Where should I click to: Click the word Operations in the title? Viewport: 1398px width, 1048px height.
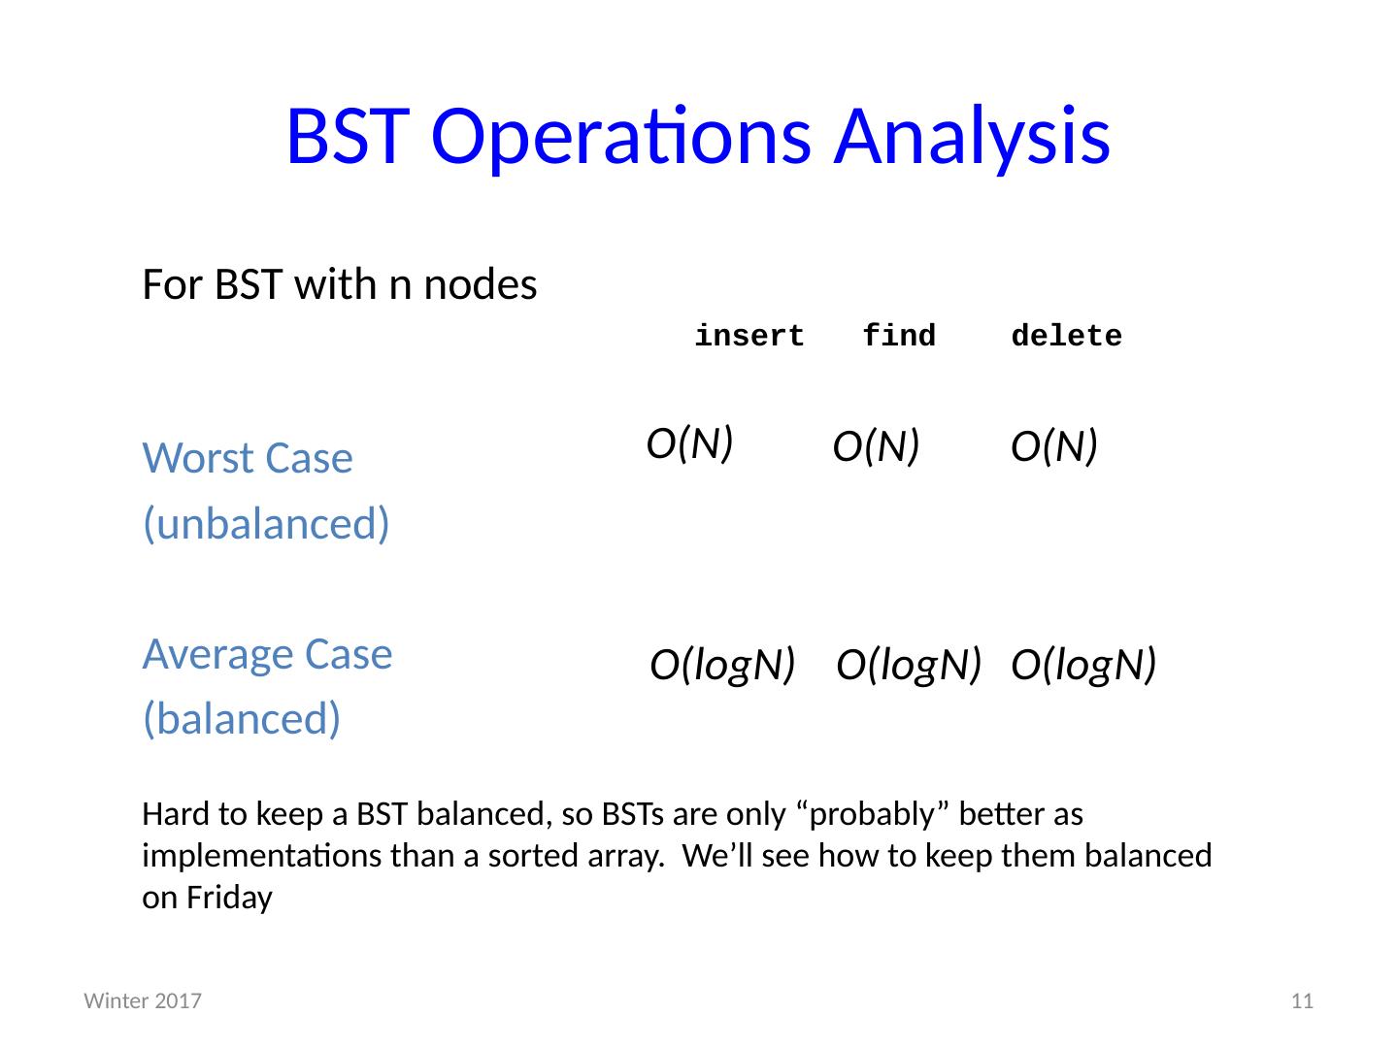(621, 138)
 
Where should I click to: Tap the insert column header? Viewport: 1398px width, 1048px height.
(749, 336)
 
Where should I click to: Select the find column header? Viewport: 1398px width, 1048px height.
(899, 336)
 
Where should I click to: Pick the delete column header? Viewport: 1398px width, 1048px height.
(1066, 336)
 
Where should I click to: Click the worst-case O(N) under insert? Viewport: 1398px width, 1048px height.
(689, 443)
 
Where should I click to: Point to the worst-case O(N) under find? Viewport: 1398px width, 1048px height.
(876, 446)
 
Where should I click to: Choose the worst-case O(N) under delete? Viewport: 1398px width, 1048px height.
(1054, 446)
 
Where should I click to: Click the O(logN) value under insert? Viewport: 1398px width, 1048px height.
(722, 666)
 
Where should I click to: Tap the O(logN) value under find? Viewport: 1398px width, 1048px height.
(909, 666)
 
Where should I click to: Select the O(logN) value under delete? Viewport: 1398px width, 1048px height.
(1083, 666)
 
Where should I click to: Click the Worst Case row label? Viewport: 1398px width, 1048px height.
(248, 458)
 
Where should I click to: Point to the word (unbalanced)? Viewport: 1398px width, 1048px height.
(266, 524)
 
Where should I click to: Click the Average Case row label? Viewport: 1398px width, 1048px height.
(268, 655)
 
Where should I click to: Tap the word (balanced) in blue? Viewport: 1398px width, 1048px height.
(242, 719)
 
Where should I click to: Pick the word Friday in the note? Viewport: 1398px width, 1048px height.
(229, 899)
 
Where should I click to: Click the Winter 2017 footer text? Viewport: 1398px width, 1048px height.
(143, 1000)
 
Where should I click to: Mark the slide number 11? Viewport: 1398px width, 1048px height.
(1302, 1000)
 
